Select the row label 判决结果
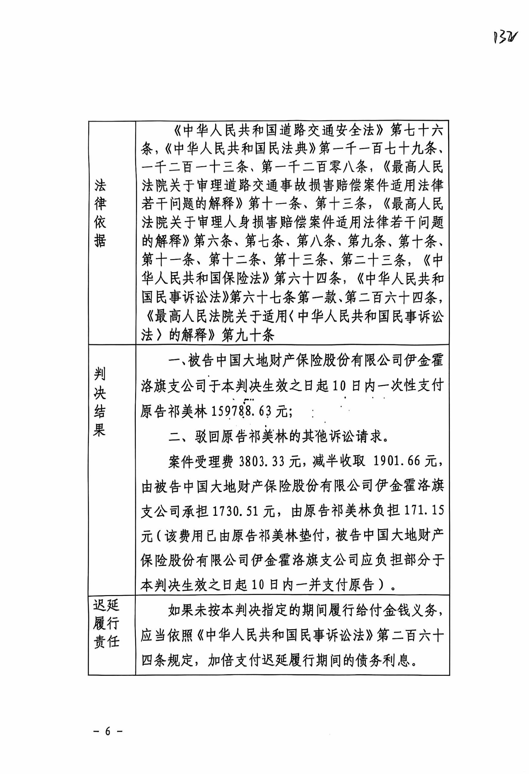point(99,403)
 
